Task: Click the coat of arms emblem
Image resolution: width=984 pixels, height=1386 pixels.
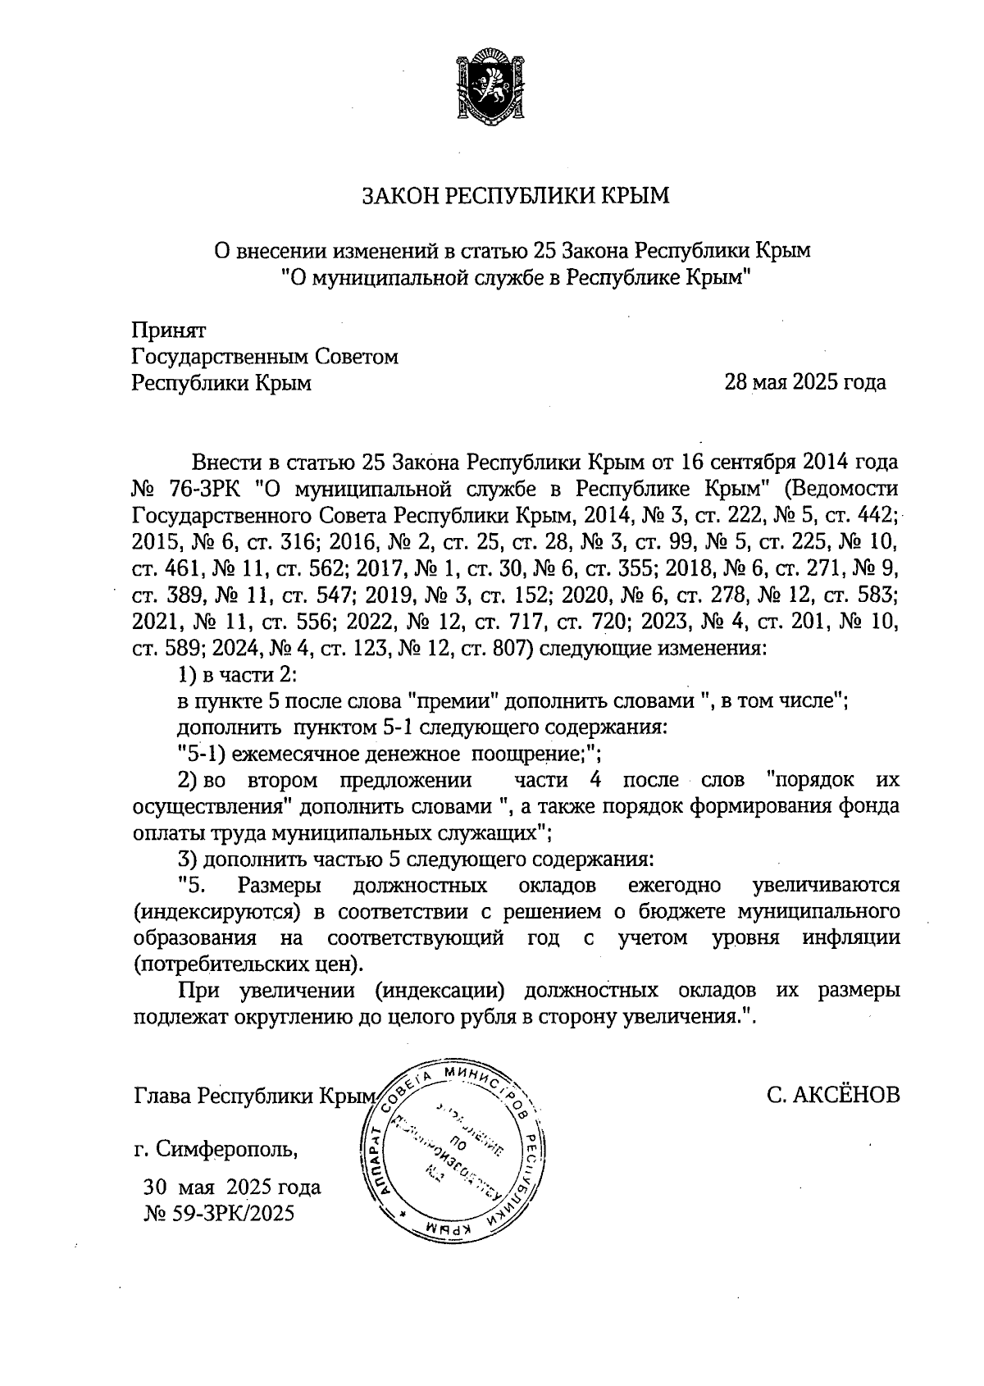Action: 491,86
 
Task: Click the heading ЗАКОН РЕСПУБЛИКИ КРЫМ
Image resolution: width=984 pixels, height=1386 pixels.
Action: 517,195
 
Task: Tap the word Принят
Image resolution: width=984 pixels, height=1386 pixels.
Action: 169,331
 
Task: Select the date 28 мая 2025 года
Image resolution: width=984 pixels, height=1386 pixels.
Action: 804,382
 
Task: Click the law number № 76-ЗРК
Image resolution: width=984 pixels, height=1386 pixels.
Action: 186,490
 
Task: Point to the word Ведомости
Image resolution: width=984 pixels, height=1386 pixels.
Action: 842,490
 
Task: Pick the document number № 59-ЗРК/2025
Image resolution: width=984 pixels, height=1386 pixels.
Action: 219,1213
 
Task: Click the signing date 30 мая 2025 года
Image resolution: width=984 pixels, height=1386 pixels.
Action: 232,1187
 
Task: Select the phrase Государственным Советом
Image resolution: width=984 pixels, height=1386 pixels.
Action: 265,357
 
